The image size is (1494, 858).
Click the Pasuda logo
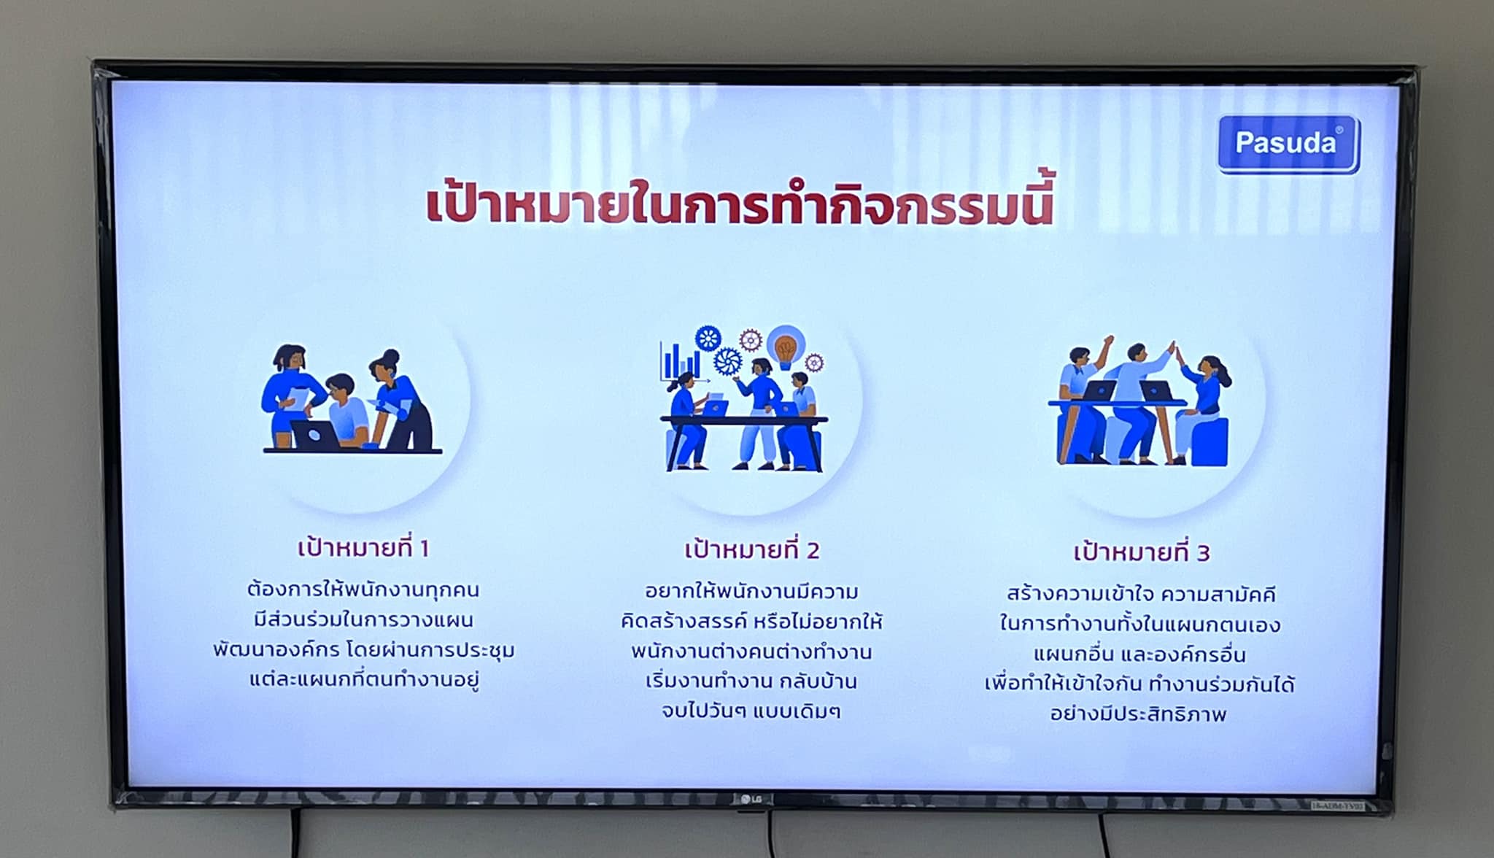[1288, 144]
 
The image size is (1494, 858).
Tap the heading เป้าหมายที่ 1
[363, 547]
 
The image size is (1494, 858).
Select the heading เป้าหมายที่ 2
[751, 549]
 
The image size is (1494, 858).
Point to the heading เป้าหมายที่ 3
[1142, 552]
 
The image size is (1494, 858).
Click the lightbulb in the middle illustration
[785, 347]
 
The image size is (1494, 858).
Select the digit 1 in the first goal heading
[424, 549]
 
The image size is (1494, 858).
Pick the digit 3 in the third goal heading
[1204, 553]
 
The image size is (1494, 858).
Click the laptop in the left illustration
[315, 434]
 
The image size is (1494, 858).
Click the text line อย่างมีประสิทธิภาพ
[1138, 714]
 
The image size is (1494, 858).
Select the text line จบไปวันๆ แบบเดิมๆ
[751, 711]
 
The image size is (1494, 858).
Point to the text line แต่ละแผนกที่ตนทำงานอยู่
[364, 680]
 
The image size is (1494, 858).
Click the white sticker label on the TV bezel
[1338, 805]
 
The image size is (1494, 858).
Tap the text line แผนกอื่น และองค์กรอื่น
[1139, 654]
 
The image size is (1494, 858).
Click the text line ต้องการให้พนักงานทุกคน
[363, 590]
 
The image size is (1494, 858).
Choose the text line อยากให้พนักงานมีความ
[751, 591]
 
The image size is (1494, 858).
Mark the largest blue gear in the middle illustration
[728, 361]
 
